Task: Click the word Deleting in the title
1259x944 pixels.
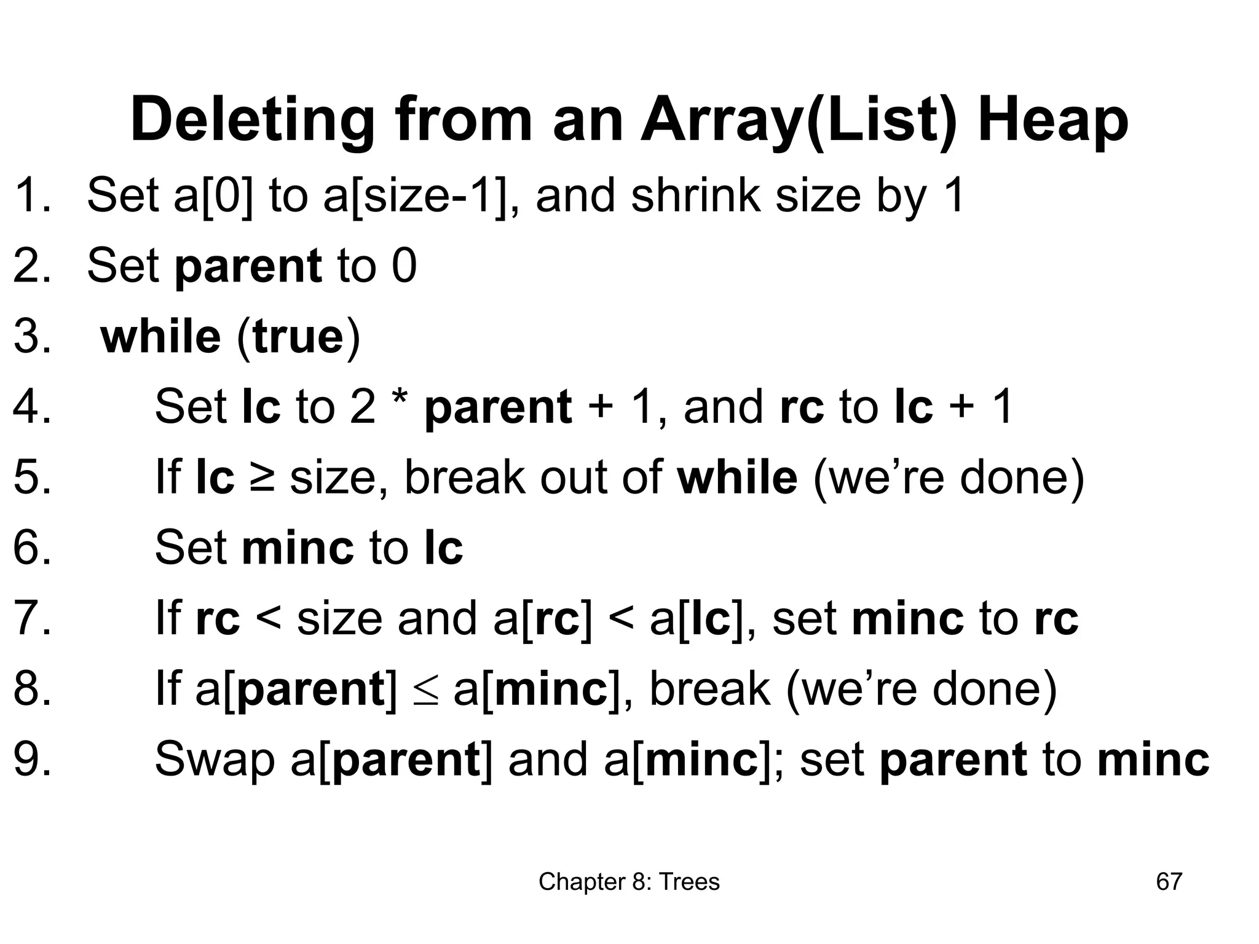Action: [x=252, y=120]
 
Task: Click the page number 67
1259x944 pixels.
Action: [x=1169, y=881]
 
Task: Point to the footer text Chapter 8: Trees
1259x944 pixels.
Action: [x=629, y=881]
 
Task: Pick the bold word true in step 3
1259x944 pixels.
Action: [x=298, y=337]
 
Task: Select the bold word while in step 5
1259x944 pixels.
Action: [x=737, y=477]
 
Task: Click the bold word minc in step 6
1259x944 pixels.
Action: [x=298, y=547]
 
